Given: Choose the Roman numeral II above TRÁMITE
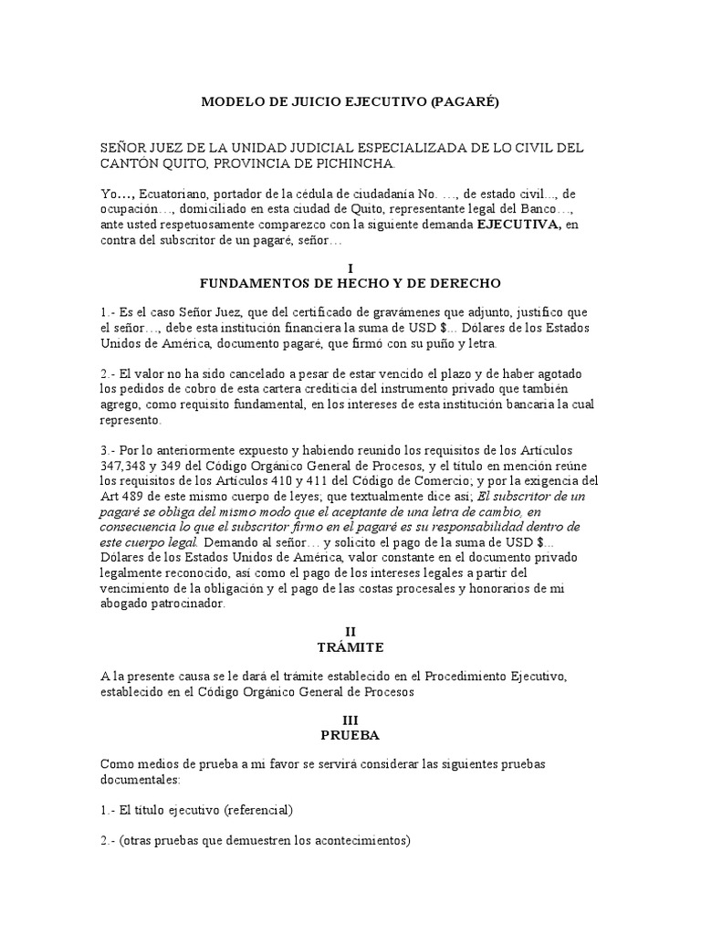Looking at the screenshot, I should tap(350, 630).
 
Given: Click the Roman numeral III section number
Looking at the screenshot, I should tap(350, 720).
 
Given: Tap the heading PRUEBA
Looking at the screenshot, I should tap(350, 735).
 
